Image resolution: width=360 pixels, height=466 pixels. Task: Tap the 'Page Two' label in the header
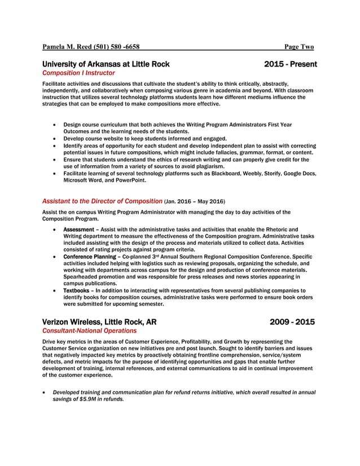[x=298, y=47]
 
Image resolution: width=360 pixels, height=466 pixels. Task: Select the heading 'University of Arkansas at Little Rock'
[x=106, y=64]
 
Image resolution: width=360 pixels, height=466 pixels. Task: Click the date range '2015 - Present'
[x=290, y=64]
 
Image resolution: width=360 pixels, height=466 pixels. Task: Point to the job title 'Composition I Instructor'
[x=78, y=73]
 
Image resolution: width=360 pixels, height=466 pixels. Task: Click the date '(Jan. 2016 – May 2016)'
[x=194, y=201]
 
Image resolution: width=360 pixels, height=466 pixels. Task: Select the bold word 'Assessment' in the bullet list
[x=78, y=230]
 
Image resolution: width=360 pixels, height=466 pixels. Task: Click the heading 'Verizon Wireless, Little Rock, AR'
[x=99, y=322]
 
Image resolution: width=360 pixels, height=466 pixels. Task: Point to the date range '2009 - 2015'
[x=292, y=322]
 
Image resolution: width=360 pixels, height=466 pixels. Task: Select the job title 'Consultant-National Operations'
[x=89, y=331]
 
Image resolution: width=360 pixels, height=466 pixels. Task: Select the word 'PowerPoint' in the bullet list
[x=129, y=181]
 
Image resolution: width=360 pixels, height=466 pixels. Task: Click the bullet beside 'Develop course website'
[x=54, y=138]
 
